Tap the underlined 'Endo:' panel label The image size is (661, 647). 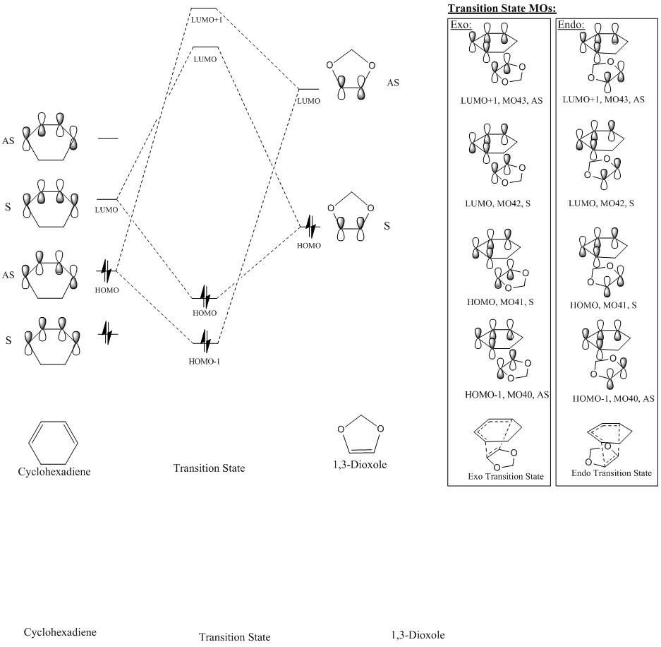tap(569, 24)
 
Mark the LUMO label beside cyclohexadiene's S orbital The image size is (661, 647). tap(106, 210)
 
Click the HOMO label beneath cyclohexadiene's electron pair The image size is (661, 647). tap(107, 289)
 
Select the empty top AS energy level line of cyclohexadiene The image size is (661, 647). tap(108, 138)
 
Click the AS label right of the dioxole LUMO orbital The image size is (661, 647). tap(393, 83)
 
